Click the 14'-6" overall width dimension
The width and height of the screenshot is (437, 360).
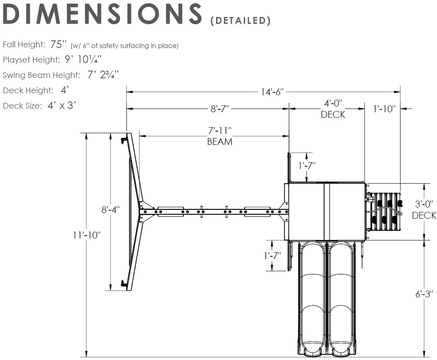click(272, 92)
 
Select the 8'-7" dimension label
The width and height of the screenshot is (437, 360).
click(220, 109)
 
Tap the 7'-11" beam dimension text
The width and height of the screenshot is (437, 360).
click(220, 131)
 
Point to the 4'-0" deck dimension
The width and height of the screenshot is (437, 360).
click(333, 103)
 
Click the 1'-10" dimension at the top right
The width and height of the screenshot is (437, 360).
click(384, 109)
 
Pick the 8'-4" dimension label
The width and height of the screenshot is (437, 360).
click(110, 209)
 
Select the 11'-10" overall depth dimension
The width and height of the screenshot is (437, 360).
click(87, 235)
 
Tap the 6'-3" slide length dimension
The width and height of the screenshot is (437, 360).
click(424, 294)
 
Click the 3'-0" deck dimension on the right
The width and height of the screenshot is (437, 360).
click(424, 204)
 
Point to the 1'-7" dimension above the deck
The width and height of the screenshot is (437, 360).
click(306, 165)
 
